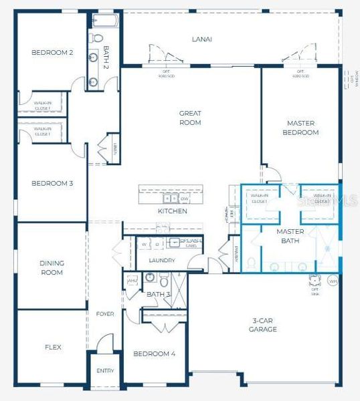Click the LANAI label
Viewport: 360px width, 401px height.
point(201,39)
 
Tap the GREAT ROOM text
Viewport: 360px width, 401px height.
point(190,118)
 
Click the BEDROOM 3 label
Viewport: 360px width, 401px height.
point(52,182)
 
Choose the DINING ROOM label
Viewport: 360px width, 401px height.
point(52,267)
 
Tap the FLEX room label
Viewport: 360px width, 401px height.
point(53,347)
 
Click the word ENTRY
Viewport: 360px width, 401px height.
point(105,370)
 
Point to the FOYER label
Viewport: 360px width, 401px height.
point(105,313)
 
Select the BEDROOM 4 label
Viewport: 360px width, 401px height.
point(154,354)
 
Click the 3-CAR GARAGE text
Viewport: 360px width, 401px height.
point(263,324)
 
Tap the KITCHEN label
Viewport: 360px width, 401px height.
point(172,211)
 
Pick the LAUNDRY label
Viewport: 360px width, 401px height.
point(162,260)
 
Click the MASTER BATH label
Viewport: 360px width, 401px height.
point(290,236)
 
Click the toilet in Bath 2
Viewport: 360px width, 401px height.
point(98,38)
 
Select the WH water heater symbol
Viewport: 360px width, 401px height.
point(334,281)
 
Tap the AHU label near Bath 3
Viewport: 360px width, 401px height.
point(132,281)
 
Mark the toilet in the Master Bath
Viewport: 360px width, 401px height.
point(252,262)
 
